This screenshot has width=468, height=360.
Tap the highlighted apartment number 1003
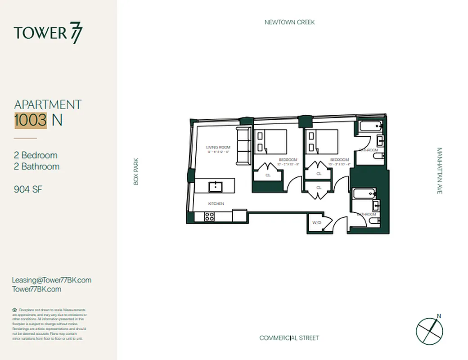coord(31,120)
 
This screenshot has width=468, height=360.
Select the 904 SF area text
coord(28,189)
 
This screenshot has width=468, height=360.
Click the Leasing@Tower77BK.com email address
coord(52,280)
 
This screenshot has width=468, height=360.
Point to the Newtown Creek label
coord(289,22)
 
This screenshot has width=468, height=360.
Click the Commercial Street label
coord(289,338)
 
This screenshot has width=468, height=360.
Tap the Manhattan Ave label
coord(440,171)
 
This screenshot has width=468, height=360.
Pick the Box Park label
coord(136,171)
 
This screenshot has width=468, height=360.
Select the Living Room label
coord(218,147)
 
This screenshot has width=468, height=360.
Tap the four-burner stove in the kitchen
coord(210,216)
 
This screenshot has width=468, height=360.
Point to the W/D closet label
coord(316,222)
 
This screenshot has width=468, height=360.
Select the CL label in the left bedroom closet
coord(268,175)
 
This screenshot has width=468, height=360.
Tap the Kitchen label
coord(216,204)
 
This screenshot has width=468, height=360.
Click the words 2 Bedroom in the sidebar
coord(36,155)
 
